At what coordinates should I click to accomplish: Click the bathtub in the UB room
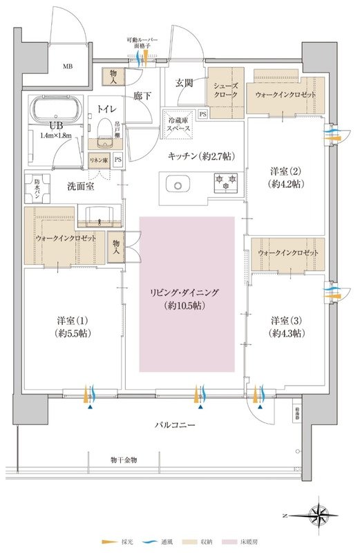click(x=56, y=109)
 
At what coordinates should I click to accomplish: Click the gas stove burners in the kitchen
click(x=225, y=182)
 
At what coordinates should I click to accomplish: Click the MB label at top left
click(x=68, y=67)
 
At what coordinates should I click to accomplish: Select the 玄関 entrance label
click(x=184, y=83)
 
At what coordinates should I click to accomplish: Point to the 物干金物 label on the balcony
click(x=124, y=460)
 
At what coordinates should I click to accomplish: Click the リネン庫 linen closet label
click(x=100, y=160)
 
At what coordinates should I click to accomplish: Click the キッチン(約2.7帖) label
click(x=198, y=156)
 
